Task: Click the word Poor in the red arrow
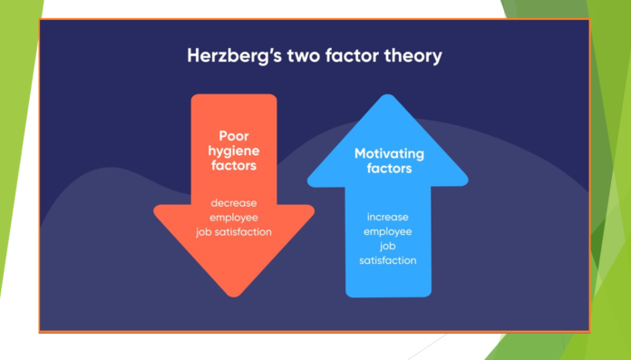[234, 137]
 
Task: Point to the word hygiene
[234, 152]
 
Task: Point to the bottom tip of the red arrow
[234, 295]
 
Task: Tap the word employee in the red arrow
[234, 217]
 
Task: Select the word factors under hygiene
[234, 168]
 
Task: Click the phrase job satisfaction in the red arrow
[234, 232]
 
